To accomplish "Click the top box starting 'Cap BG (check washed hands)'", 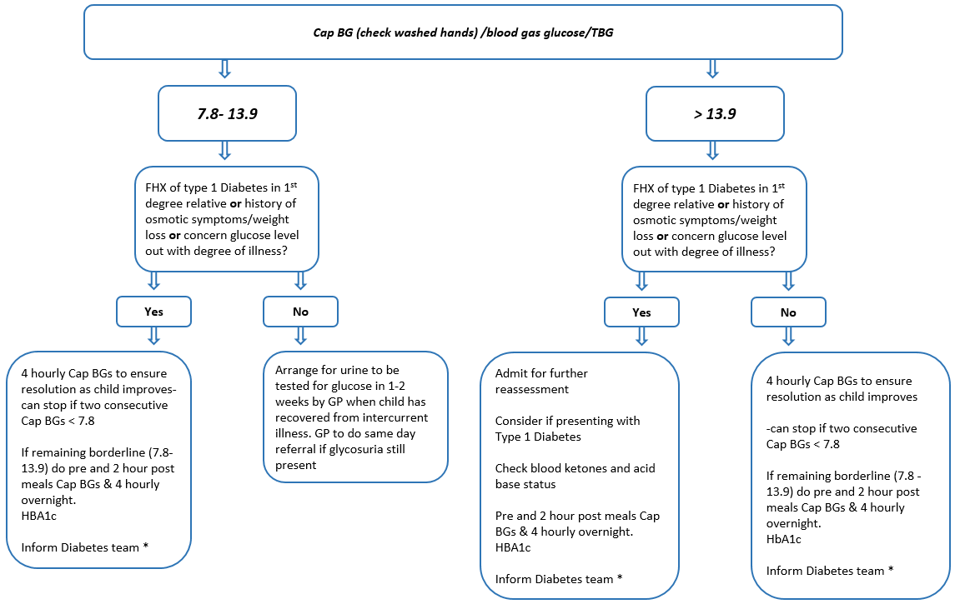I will click(x=463, y=32).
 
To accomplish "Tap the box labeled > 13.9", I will click(x=715, y=112).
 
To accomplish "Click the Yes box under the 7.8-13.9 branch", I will click(x=153, y=312).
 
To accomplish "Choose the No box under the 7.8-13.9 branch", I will click(x=300, y=312).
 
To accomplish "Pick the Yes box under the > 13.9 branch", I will click(x=641, y=312).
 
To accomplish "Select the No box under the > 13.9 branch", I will click(x=788, y=312).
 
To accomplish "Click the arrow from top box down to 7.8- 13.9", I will click(x=223, y=69).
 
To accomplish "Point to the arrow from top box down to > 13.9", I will click(x=711, y=69).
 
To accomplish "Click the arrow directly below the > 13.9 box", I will click(x=711, y=150).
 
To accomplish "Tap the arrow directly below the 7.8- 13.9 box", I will click(x=223, y=150).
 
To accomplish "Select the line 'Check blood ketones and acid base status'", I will click(x=575, y=476).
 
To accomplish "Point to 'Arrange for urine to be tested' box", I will click(x=356, y=417).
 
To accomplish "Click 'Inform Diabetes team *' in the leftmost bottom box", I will click(x=80, y=547).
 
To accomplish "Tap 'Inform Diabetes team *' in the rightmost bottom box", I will click(x=829, y=571).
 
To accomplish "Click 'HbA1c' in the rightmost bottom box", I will click(x=783, y=539).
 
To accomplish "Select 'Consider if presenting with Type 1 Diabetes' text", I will click(x=567, y=428).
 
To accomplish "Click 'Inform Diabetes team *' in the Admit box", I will click(x=559, y=579).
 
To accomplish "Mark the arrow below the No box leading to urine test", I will click(x=300, y=336).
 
